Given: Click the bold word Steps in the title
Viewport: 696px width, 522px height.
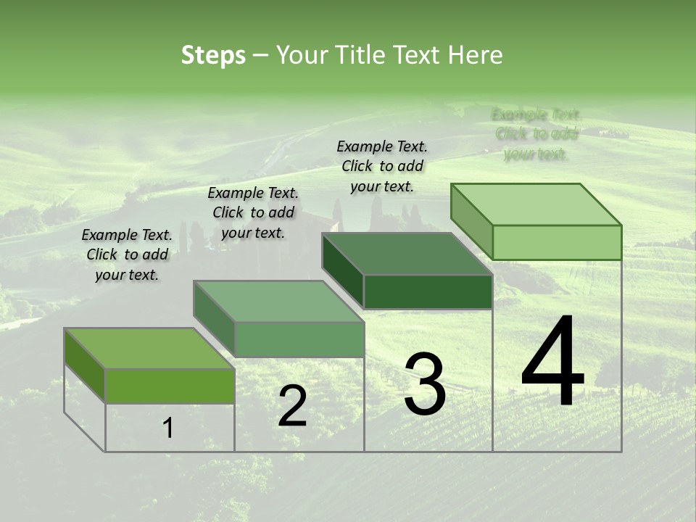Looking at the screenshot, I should coord(213,55).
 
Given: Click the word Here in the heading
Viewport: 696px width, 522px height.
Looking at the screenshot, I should coord(475,55).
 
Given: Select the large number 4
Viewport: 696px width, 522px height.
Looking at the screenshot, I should coord(552,362).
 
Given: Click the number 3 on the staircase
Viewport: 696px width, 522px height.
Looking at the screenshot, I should coord(425,384).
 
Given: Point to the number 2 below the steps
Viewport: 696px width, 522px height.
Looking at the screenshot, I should coord(292,406).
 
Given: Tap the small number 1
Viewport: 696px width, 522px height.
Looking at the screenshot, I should coord(168,428).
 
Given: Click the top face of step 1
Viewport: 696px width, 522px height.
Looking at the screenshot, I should coord(149,349).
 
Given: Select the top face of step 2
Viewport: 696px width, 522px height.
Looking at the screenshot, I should coord(278,302).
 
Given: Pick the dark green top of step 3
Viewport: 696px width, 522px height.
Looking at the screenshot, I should coord(407,254).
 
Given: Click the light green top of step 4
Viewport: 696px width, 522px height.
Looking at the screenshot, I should coord(536,204).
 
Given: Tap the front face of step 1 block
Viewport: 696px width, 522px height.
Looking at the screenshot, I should coord(170,386).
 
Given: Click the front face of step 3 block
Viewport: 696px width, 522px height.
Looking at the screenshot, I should coord(428,292).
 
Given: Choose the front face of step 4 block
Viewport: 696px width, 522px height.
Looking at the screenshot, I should coord(557,242).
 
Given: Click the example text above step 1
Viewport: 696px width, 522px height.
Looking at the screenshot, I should coord(127,255).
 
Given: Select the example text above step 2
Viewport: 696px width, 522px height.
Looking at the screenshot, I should coord(253,213).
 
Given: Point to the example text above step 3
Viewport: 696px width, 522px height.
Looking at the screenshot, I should coord(382,166).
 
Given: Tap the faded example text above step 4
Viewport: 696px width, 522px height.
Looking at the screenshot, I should coord(536,134).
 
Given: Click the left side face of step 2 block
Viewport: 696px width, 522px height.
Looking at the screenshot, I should coord(214,320).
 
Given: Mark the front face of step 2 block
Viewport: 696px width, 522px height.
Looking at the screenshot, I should coord(299,339).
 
